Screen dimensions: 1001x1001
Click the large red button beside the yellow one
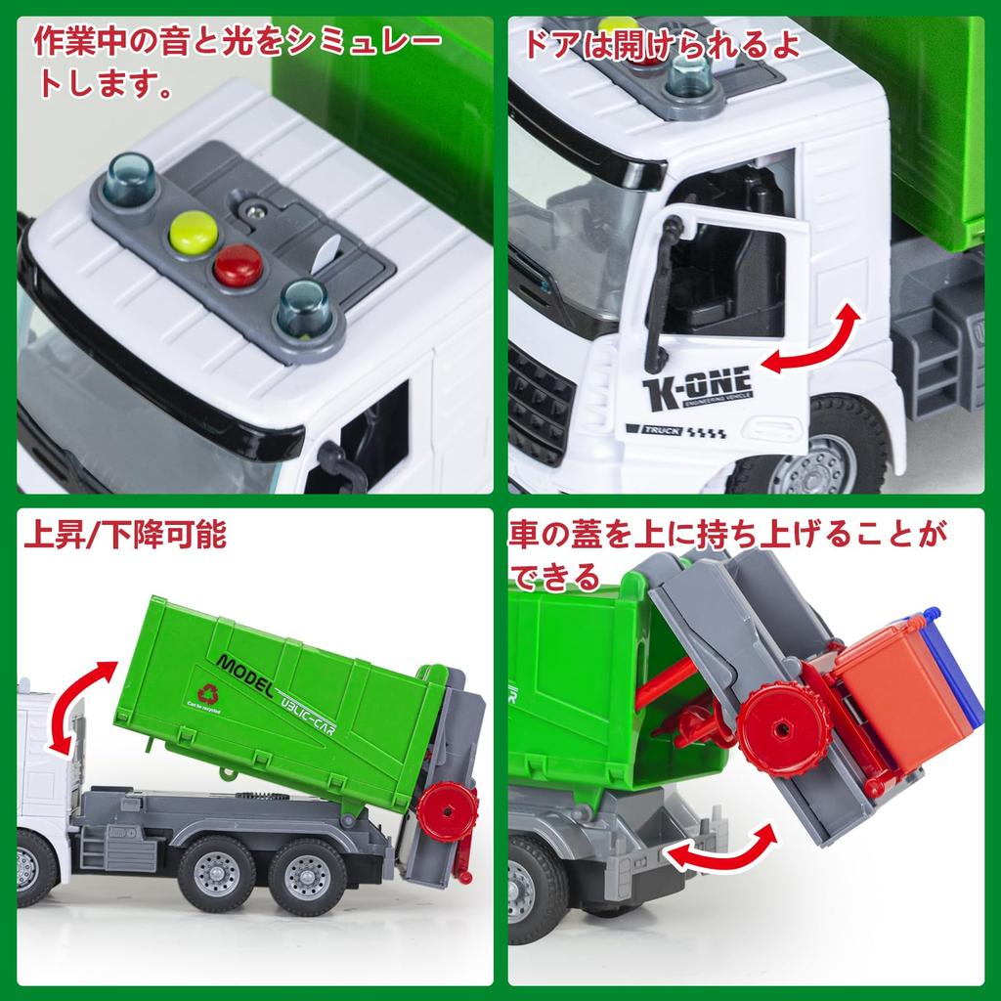tap(238, 265)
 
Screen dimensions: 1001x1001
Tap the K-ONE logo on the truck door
tap(697, 387)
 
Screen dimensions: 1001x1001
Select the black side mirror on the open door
tap(666, 283)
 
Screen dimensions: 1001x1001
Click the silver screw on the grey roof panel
tap(256, 210)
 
